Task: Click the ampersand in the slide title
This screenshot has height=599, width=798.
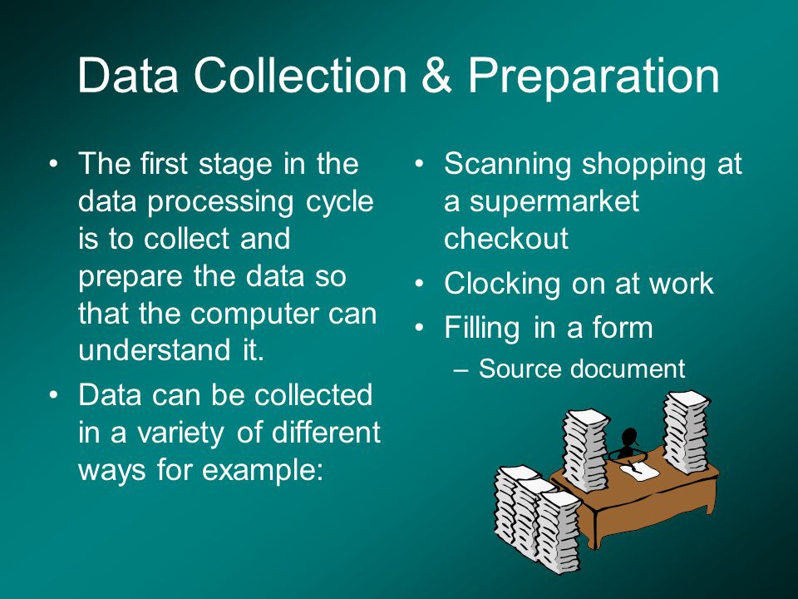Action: point(436,76)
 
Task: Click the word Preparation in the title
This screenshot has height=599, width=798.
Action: point(594,77)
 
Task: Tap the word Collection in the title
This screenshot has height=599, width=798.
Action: point(301,76)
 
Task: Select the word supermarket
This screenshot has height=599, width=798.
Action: point(554,202)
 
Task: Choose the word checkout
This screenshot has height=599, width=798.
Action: point(506,239)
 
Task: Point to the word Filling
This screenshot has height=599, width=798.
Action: point(482,329)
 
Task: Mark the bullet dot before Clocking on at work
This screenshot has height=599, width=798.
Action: point(419,285)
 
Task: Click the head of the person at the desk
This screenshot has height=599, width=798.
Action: point(629,437)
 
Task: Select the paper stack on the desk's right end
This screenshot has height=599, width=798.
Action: point(686,431)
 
